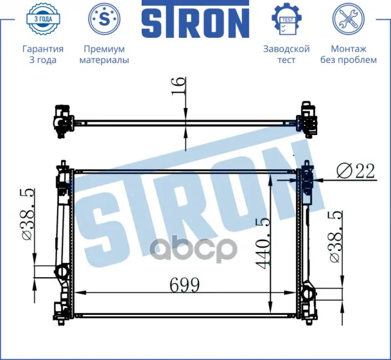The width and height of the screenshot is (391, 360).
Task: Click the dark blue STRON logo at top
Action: [x=195, y=19]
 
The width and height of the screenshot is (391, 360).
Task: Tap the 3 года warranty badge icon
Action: [x=43, y=19]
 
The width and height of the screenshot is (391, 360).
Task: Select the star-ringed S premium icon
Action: [x=105, y=19]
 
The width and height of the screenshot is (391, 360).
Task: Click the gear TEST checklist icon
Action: [x=286, y=19]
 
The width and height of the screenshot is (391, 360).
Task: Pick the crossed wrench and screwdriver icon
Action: [x=348, y=19]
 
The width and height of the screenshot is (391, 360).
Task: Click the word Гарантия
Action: [x=43, y=49]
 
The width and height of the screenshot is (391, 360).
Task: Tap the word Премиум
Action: [x=105, y=49]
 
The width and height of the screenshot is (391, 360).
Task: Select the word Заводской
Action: [x=286, y=49]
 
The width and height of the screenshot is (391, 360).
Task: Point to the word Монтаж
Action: [x=348, y=49]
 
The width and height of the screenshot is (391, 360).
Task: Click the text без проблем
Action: [x=348, y=60]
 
